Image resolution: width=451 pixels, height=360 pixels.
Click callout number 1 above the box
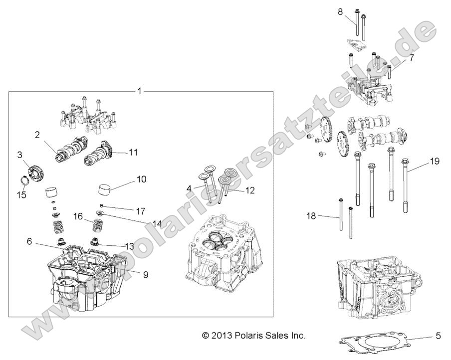point(140,91)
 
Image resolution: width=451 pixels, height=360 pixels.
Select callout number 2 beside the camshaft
point(37,135)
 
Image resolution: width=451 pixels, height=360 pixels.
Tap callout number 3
point(20,156)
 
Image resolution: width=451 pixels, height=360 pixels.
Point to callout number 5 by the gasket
point(438,336)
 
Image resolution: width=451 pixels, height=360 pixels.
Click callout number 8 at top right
point(341,11)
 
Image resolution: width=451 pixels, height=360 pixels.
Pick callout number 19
point(435,162)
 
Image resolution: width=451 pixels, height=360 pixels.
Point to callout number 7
point(412,58)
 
